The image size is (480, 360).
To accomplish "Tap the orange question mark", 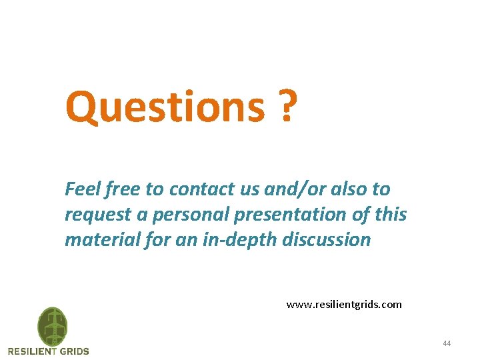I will pyautogui.click(x=286, y=106).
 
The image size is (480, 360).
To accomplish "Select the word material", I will pyautogui.click(x=97, y=240).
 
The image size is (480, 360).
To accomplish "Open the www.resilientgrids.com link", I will pyautogui.click(x=344, y=305).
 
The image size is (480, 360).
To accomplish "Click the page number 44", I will pyautogui.click(x=447, y=343).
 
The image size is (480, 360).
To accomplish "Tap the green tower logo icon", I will pyautogui.click(x=52, y=326).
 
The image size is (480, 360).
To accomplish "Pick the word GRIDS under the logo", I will pyautogui.click(x=74, y=351).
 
